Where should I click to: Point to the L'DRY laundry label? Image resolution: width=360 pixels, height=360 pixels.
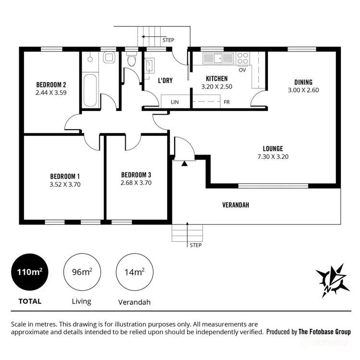(x=165, y=81)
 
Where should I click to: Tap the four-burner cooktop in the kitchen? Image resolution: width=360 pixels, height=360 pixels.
(x=243, y=58)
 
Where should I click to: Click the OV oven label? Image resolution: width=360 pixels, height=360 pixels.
(x=242, y=70)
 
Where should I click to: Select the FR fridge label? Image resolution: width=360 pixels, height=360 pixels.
(x=227, y=102)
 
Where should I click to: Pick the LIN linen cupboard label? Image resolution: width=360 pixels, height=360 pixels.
(x=175, y=102)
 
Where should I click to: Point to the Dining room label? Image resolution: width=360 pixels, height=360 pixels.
(x=303, y=82)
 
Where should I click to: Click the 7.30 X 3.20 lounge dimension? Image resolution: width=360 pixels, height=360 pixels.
(x=272, y=156)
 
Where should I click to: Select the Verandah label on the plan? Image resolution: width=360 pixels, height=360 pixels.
(x=236, y=205)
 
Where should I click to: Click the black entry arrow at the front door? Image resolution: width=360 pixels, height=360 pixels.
(x=184, y=163)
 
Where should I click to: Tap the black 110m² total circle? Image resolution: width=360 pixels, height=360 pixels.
(x=30, y=272)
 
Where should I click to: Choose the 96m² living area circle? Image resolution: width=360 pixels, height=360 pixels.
(x=83, y=272)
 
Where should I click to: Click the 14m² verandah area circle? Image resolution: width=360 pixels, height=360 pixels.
(x=135, y=272)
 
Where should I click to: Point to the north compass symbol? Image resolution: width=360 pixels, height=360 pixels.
(x=332, y=280)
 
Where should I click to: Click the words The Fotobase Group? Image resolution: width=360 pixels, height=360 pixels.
(x=324, y=332)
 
